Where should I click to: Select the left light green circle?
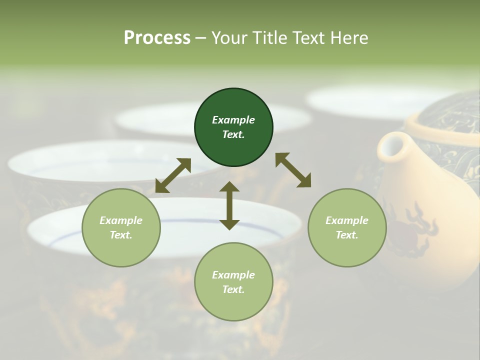(121, 227)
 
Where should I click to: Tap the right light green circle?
(347, 227)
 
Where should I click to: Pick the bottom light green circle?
(233, 282)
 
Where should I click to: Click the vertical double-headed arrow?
(229, 205)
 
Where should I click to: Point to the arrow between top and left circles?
(173, 175)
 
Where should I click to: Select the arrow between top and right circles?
(293, 170)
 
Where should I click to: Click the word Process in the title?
(157, 37)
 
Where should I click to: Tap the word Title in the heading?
(271, 37)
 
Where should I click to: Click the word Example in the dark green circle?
(233, 120)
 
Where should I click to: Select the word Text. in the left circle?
(121, 235)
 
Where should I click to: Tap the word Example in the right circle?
(347, 220)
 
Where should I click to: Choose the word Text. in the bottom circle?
(233, 289)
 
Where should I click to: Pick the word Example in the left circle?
(121, 220)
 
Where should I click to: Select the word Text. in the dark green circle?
(233, 134)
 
